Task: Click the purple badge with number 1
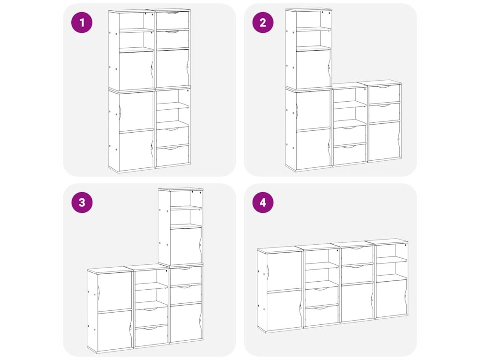[x=82, y=22]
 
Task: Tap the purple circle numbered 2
[x=262, y=22]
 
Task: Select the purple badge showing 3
[x=82, y=202]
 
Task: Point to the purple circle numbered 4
[x=262, y=202]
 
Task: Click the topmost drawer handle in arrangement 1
[x=172, y=13]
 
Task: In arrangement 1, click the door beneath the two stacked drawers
[x=172, y=68]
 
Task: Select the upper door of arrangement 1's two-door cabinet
[x=136, y=112]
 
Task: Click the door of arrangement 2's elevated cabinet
[x=313, y=69]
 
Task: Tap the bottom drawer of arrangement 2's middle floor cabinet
[x=350, y=154]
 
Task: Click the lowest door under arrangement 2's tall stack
[x=313, y=149]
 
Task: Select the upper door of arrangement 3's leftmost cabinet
[x=114, y=291]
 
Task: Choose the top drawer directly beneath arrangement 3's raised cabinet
[x=186, y=276]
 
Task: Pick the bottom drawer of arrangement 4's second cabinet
[x=322, y=315]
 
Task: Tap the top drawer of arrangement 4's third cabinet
[x=357, y=255]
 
